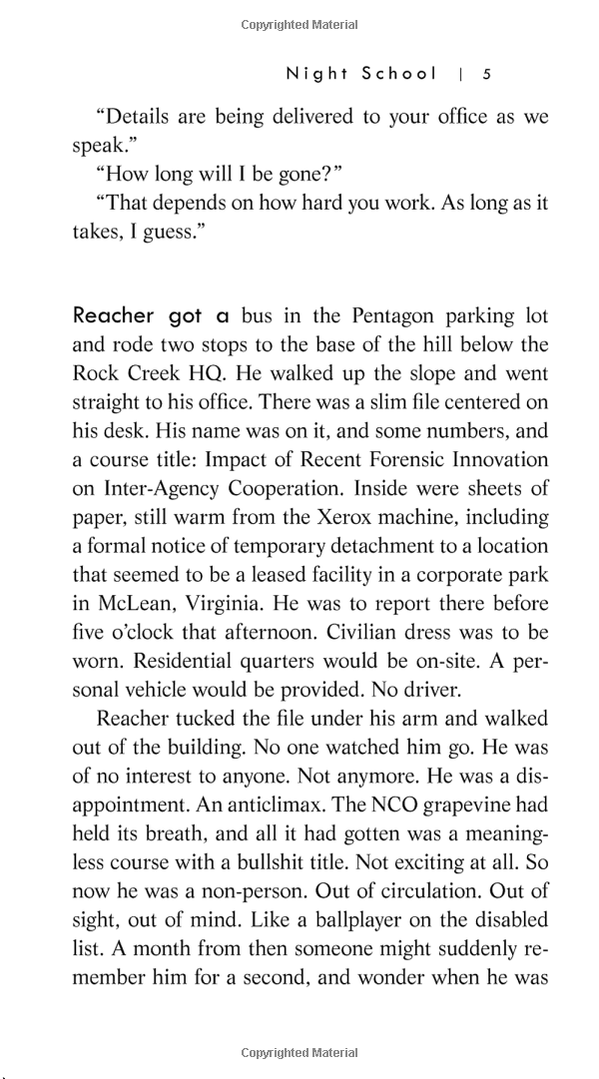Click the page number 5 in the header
(486, 73)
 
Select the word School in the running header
(399, 73)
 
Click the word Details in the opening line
(142, 117)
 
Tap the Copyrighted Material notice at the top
(299, 25)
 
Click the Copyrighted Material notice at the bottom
(299, 1052)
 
